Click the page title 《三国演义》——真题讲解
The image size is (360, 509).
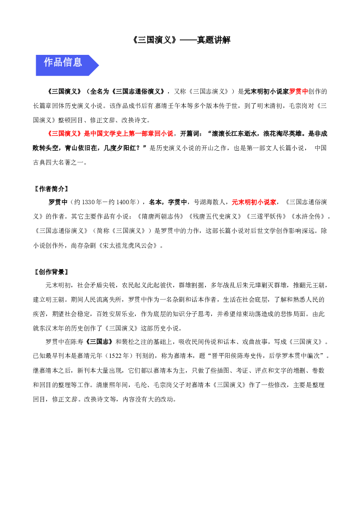[x=182, y=40]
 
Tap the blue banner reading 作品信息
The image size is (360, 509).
[x=67, y=65]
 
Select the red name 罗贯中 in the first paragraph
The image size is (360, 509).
[x=298, y=91]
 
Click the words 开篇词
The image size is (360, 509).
[x=190, y=134]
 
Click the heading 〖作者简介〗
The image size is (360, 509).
[x=51, y=189]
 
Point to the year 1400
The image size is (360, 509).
[x=123, y=202]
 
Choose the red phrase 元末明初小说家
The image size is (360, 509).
[x=254, y=202]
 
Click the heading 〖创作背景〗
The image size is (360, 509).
[x=51, y=272]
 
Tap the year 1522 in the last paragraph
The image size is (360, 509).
[x=115, y=356]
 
